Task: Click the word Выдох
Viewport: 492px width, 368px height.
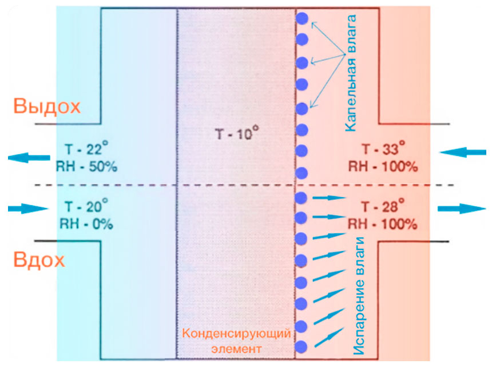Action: coord(47,107)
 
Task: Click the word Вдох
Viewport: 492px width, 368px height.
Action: coord(39,261)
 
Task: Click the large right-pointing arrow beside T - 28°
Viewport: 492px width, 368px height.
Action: coord(463,208)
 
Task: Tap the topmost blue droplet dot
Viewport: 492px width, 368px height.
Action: coord(302,18)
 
